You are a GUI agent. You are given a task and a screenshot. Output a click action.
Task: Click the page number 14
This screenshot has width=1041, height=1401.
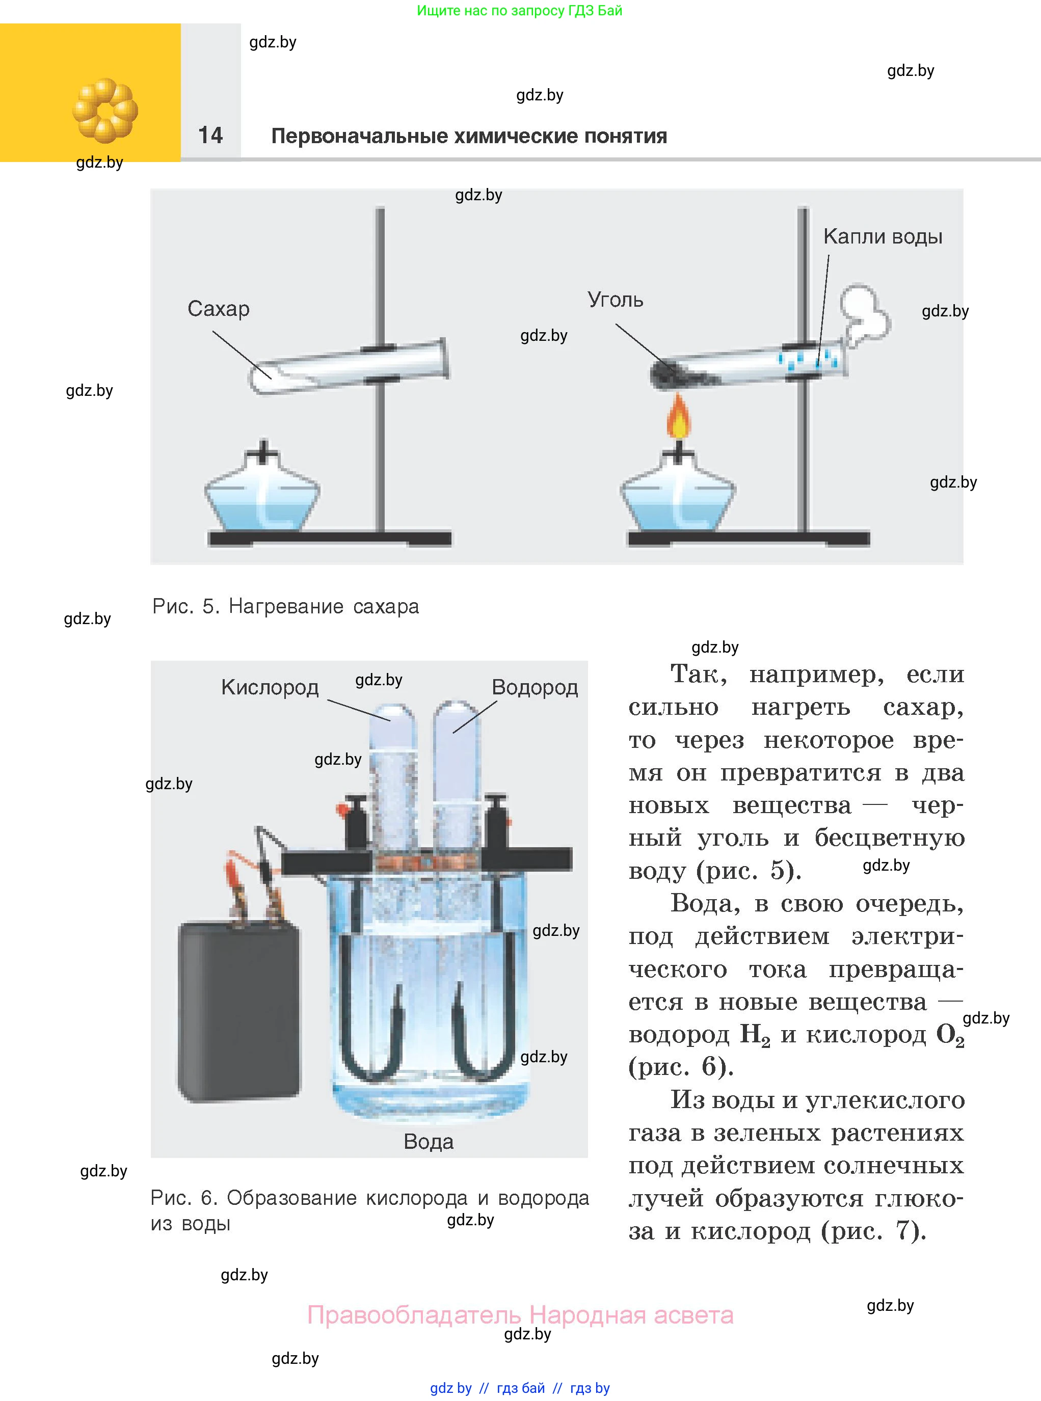[210, 135]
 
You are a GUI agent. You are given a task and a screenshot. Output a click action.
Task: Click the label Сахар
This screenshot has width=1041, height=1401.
[218, 309]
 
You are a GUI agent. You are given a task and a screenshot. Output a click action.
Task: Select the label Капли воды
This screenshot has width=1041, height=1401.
[882, 237]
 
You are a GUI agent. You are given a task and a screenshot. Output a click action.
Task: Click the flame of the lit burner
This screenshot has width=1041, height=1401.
[679, 417]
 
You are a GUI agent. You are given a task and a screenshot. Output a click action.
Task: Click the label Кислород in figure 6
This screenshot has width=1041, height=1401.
[270, 687]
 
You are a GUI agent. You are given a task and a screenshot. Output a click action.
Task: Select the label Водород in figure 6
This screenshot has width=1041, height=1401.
[535, 687]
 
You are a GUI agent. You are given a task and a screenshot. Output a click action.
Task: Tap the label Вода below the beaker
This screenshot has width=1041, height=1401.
[429, 1142]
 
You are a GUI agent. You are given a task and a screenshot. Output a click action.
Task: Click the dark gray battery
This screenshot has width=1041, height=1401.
[239, 1013]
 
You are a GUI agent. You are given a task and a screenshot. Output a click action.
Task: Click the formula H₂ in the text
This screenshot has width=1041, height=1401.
[755, 1036]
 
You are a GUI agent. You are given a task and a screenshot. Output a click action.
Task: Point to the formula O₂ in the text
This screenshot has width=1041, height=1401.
[950, 1036]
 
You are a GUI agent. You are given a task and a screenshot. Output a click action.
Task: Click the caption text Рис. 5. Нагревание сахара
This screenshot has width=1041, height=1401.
[285, 606]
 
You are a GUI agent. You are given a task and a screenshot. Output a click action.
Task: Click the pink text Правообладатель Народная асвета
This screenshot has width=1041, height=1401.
[520, 1315]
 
